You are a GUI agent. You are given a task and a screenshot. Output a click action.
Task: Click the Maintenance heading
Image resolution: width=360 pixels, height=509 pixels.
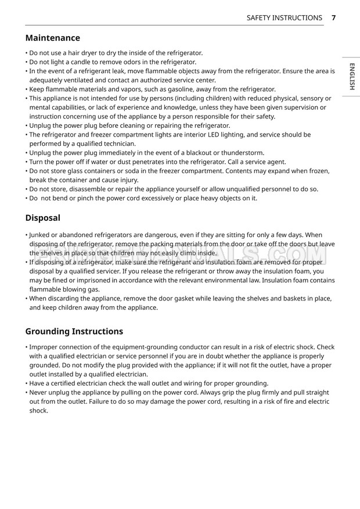tap(53, 38)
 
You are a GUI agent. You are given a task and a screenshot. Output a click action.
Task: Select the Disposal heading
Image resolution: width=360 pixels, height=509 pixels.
tap(43, 218)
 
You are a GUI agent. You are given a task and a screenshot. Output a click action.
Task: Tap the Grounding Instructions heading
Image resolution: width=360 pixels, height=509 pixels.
tap(74, 331)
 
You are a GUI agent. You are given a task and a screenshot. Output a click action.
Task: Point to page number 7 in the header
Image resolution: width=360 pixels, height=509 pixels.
tap(334, 18)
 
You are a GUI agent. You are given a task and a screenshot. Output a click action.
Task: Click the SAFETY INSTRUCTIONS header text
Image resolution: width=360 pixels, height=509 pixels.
tap(284, 18)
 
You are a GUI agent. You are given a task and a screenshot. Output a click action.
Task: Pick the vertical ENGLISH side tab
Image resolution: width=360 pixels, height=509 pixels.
tap(352, 78)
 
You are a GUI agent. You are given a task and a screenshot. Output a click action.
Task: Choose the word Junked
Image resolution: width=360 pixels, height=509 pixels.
tap(41, 235)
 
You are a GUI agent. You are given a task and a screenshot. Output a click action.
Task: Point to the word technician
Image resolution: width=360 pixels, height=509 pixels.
tap(120, 144)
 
